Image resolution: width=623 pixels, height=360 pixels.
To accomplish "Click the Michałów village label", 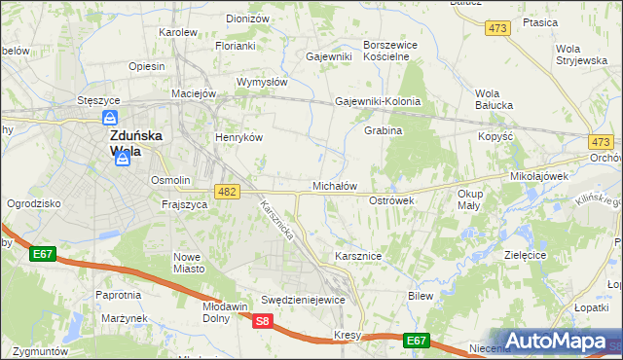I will [335, 185].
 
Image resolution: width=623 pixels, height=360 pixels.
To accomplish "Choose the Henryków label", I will [239, 137].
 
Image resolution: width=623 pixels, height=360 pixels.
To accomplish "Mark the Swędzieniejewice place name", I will [303, 300].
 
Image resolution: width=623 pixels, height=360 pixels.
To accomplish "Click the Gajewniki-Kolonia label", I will [378, 101].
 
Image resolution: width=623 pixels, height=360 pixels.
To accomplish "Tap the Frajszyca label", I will [184, 205].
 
